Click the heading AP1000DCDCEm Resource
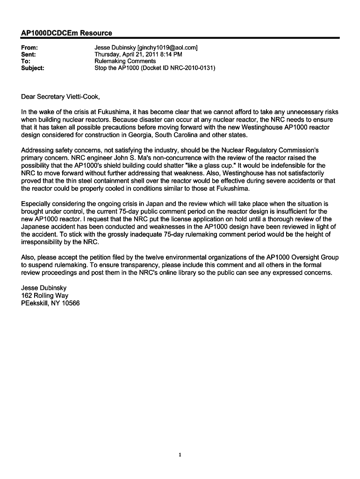[x=67, y=33]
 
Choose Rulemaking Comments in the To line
[x=125, y=61]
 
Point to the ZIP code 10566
[x=70, y=303]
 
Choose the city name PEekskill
[x=34, y=303]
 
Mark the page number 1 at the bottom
[x=180, y=454]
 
